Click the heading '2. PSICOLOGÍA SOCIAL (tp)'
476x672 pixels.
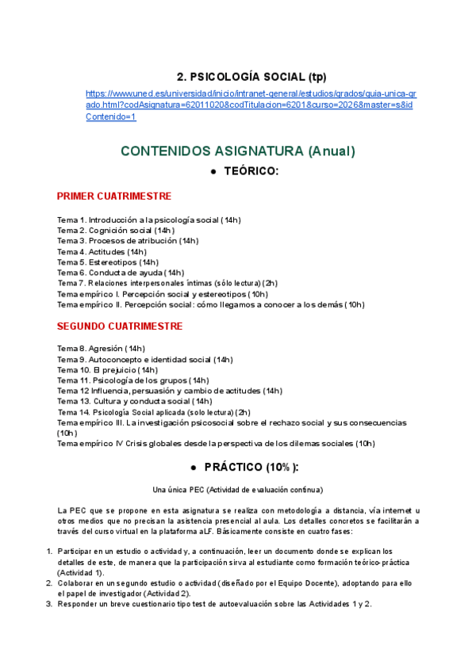(x=251, y=77)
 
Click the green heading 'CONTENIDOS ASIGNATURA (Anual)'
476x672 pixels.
(x=237, y=151)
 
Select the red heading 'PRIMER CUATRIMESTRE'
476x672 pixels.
(x=114, y=197)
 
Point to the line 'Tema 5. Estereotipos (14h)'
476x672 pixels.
(x=108, y=262)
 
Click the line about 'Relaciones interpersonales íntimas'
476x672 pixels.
(x=167, y=283)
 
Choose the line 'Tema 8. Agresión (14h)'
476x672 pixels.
(x=101, y=348)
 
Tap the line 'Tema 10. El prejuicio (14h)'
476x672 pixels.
(x=108, y=369)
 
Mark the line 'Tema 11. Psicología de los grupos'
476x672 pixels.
(x=132, y=380)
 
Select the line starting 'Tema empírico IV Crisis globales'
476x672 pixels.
(x=216, y=444)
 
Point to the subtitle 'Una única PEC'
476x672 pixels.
(x=237, y=490)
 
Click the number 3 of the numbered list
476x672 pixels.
(x=48, y=604)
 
